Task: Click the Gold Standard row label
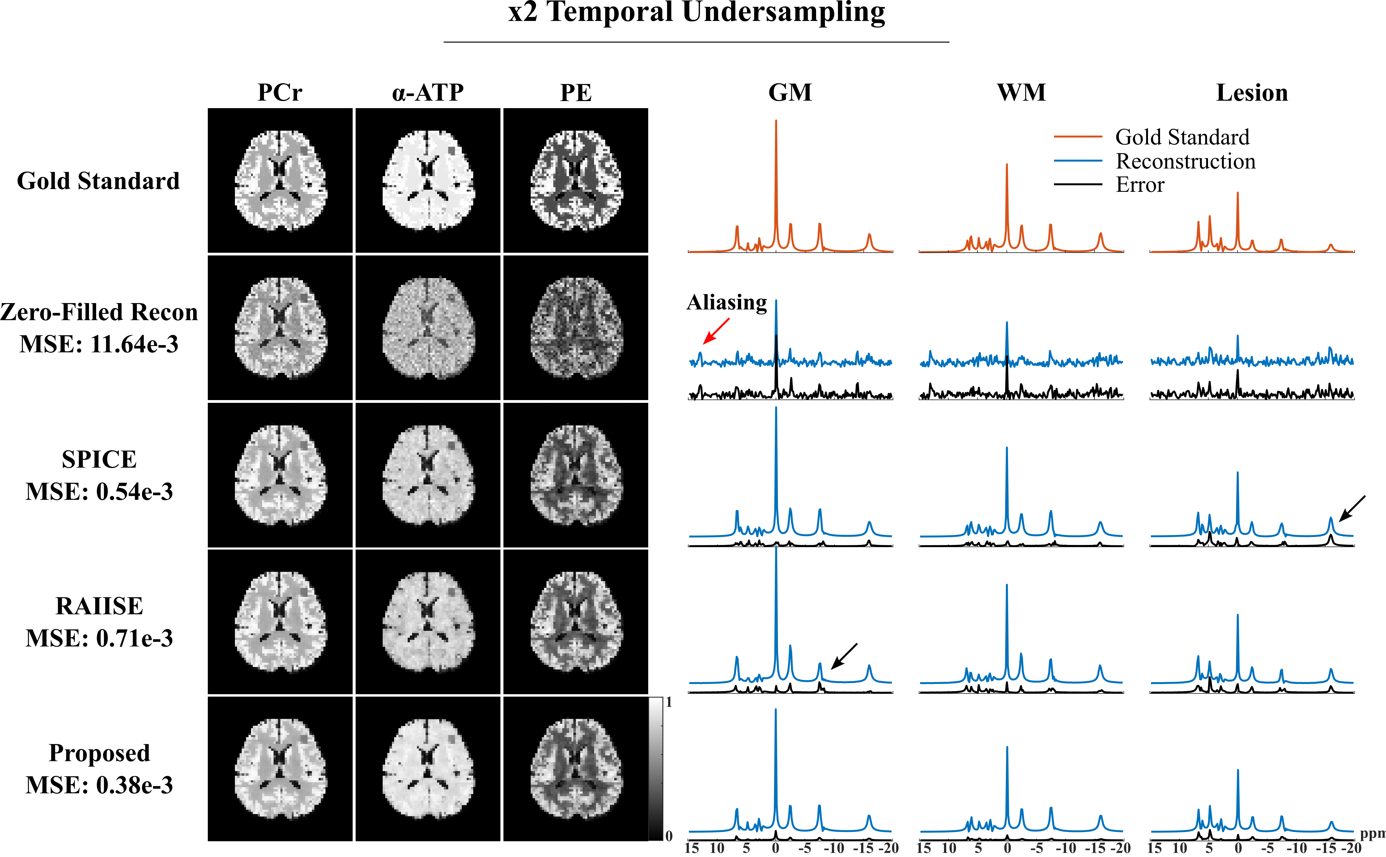pos(98,181)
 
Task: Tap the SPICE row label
pos(99,459)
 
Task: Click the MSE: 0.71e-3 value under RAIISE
pos(99,638)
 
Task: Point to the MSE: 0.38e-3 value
pos(99,785)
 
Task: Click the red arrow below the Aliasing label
pos(716,331)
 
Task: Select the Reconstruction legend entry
pos(1185,161)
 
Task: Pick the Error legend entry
pos(1140,185)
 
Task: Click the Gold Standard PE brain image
pos(576,180)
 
